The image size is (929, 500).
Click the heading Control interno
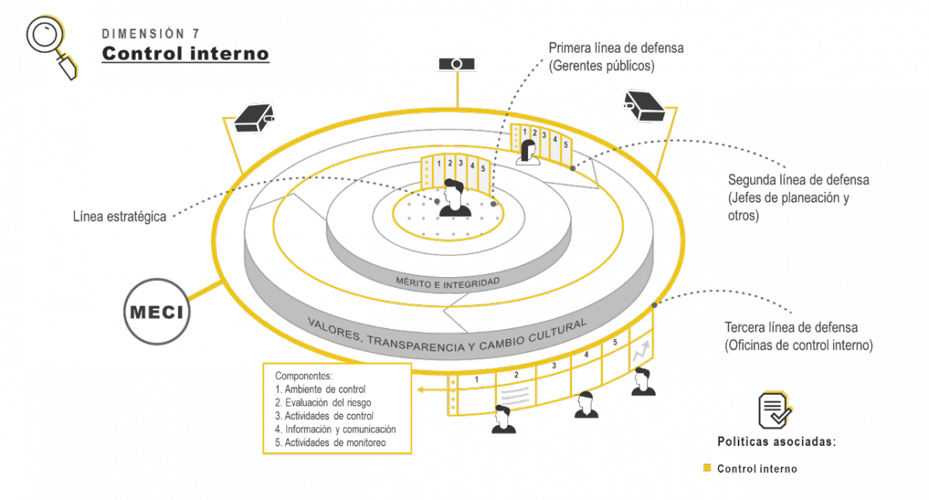186,54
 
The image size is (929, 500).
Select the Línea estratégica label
120,217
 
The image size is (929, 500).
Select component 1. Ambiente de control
321,389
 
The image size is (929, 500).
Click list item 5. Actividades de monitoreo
331,443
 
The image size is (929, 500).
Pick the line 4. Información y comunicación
335,429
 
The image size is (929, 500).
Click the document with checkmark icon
775,409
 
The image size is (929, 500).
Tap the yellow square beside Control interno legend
706,468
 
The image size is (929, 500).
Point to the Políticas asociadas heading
776,442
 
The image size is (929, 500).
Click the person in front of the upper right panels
530,152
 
